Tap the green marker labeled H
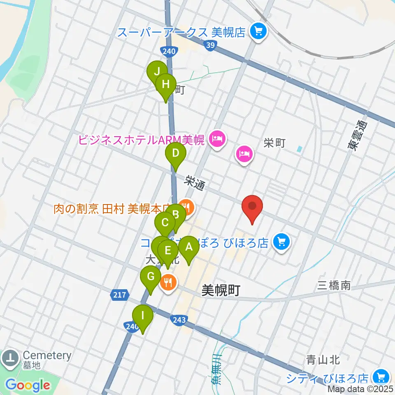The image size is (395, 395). [x=166, y=84]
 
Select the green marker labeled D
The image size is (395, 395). [x=176, y=154]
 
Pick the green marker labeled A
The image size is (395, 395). [x=189, y=247]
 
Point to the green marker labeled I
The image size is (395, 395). [x=143, y=316]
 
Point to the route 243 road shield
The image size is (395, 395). [x=180, y=319]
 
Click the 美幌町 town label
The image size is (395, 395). [x=221, y=290]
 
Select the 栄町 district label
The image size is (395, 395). [x=274, y=143]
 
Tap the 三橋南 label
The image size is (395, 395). [x=334, y=285]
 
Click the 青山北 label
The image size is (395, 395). [x=323, y=360]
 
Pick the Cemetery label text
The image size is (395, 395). [x=47, y=355]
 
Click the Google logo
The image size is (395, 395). [x=28, y=385]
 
